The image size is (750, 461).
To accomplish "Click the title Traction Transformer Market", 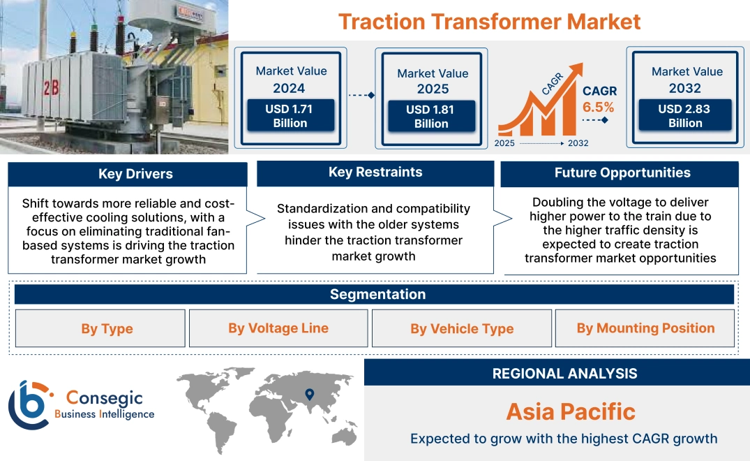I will point(489,21).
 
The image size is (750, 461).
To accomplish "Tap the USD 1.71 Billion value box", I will point(290,116).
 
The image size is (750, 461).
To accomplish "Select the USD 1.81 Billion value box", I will point(431,117).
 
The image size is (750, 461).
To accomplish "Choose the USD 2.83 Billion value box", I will point(685,116).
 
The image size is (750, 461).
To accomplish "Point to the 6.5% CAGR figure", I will point(599,107).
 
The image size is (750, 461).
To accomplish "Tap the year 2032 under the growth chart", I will point(578,143).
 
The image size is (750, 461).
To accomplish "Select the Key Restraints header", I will point(375,173).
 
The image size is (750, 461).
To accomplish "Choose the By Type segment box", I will point(107,329).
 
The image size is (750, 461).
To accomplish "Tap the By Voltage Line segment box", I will point(278,328).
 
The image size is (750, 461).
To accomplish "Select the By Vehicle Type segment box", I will point(462,329).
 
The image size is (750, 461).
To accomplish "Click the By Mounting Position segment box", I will point(645,328).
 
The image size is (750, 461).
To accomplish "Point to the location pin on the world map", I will point(310,394).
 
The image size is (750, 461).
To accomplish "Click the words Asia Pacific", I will point(571,411).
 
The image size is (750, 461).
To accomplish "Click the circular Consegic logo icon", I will point(29,405).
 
